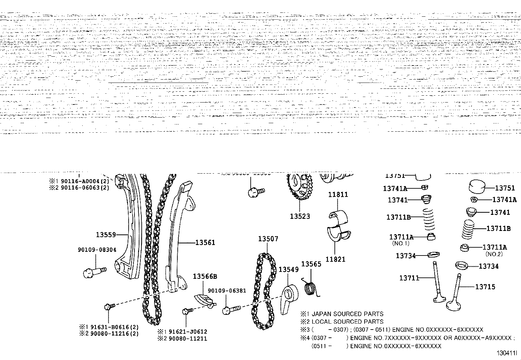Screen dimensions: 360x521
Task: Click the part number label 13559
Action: point(106,235)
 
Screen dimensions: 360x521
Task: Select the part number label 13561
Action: point(205,242)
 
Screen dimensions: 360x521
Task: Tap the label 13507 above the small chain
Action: point(268,239)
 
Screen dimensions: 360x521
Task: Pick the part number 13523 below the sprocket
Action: point(300,216)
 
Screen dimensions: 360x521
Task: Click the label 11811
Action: point(338,195)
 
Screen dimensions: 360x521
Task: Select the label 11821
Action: point(335,259)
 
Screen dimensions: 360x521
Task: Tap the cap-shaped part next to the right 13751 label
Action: point(479,187)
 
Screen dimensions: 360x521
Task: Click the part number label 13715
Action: point(485,287)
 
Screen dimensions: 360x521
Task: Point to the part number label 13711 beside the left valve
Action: point(409,278)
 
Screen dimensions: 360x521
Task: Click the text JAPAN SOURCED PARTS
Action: point(347,314)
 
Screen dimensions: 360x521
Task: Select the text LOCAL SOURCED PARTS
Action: point(347,322)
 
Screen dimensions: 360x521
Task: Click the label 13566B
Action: point(205,276)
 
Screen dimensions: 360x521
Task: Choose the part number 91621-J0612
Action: point(188,332)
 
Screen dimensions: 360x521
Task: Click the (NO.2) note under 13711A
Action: point(494,254)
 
